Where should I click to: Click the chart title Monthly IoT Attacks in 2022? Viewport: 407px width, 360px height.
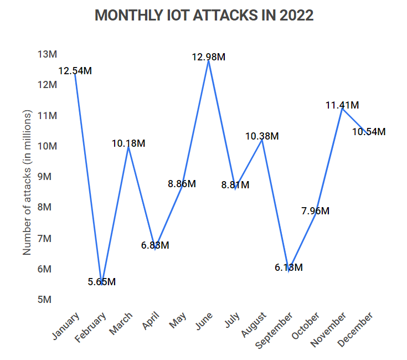[x=204, y=16]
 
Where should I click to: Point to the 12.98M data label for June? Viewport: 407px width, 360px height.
[x=208, y=57]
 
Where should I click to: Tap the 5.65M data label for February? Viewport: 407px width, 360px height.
[x=101, y=282]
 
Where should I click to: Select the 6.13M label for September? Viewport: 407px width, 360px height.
[x=288, y=268]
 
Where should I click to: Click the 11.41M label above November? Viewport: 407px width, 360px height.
[x=342, y=105]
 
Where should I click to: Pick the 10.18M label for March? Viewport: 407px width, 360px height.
[x=128, y=143]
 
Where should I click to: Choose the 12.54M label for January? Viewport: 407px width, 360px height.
[x=75, y=71]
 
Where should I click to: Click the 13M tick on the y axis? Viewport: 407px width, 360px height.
[x=48, y=54]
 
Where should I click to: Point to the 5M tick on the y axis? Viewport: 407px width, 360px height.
[x=48, y=300]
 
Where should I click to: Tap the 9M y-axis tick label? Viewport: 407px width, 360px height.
[x=48, y=177]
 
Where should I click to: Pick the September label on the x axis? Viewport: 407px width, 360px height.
[x=275, y=331]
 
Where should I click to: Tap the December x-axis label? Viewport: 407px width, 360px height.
[x=356, y=330]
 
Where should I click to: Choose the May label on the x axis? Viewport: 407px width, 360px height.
[x=178, y=320]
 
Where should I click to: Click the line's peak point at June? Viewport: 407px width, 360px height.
[x=208, y=61]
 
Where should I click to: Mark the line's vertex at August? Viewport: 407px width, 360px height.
[x=262, y=140]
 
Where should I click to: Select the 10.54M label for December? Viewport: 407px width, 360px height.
[x=369, y=132]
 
